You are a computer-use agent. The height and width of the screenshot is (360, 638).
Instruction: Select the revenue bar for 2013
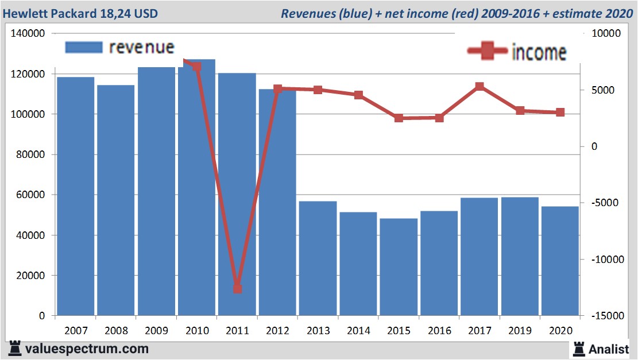318,258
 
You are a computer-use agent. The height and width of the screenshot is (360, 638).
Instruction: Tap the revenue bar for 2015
399,267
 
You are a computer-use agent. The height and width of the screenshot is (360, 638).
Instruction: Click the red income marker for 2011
237,289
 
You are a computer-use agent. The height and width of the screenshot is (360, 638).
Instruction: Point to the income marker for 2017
480,87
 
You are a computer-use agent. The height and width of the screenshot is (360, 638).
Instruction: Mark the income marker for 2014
358,95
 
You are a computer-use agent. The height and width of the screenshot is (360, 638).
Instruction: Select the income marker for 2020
560,113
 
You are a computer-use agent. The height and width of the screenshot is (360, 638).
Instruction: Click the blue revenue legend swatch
84,48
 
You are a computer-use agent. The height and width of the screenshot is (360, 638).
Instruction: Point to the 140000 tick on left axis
28,34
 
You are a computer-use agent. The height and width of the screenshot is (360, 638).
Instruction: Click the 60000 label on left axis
30,195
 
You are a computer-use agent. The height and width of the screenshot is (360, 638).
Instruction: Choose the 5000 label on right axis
604,90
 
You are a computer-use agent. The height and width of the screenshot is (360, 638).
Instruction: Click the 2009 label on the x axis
156,331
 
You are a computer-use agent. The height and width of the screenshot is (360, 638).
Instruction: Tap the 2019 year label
520,331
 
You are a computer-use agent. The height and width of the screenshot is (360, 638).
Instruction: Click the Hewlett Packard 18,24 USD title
81,13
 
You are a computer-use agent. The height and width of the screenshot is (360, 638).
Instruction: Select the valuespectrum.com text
86,349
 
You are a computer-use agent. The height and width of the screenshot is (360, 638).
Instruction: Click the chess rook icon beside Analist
579,348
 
